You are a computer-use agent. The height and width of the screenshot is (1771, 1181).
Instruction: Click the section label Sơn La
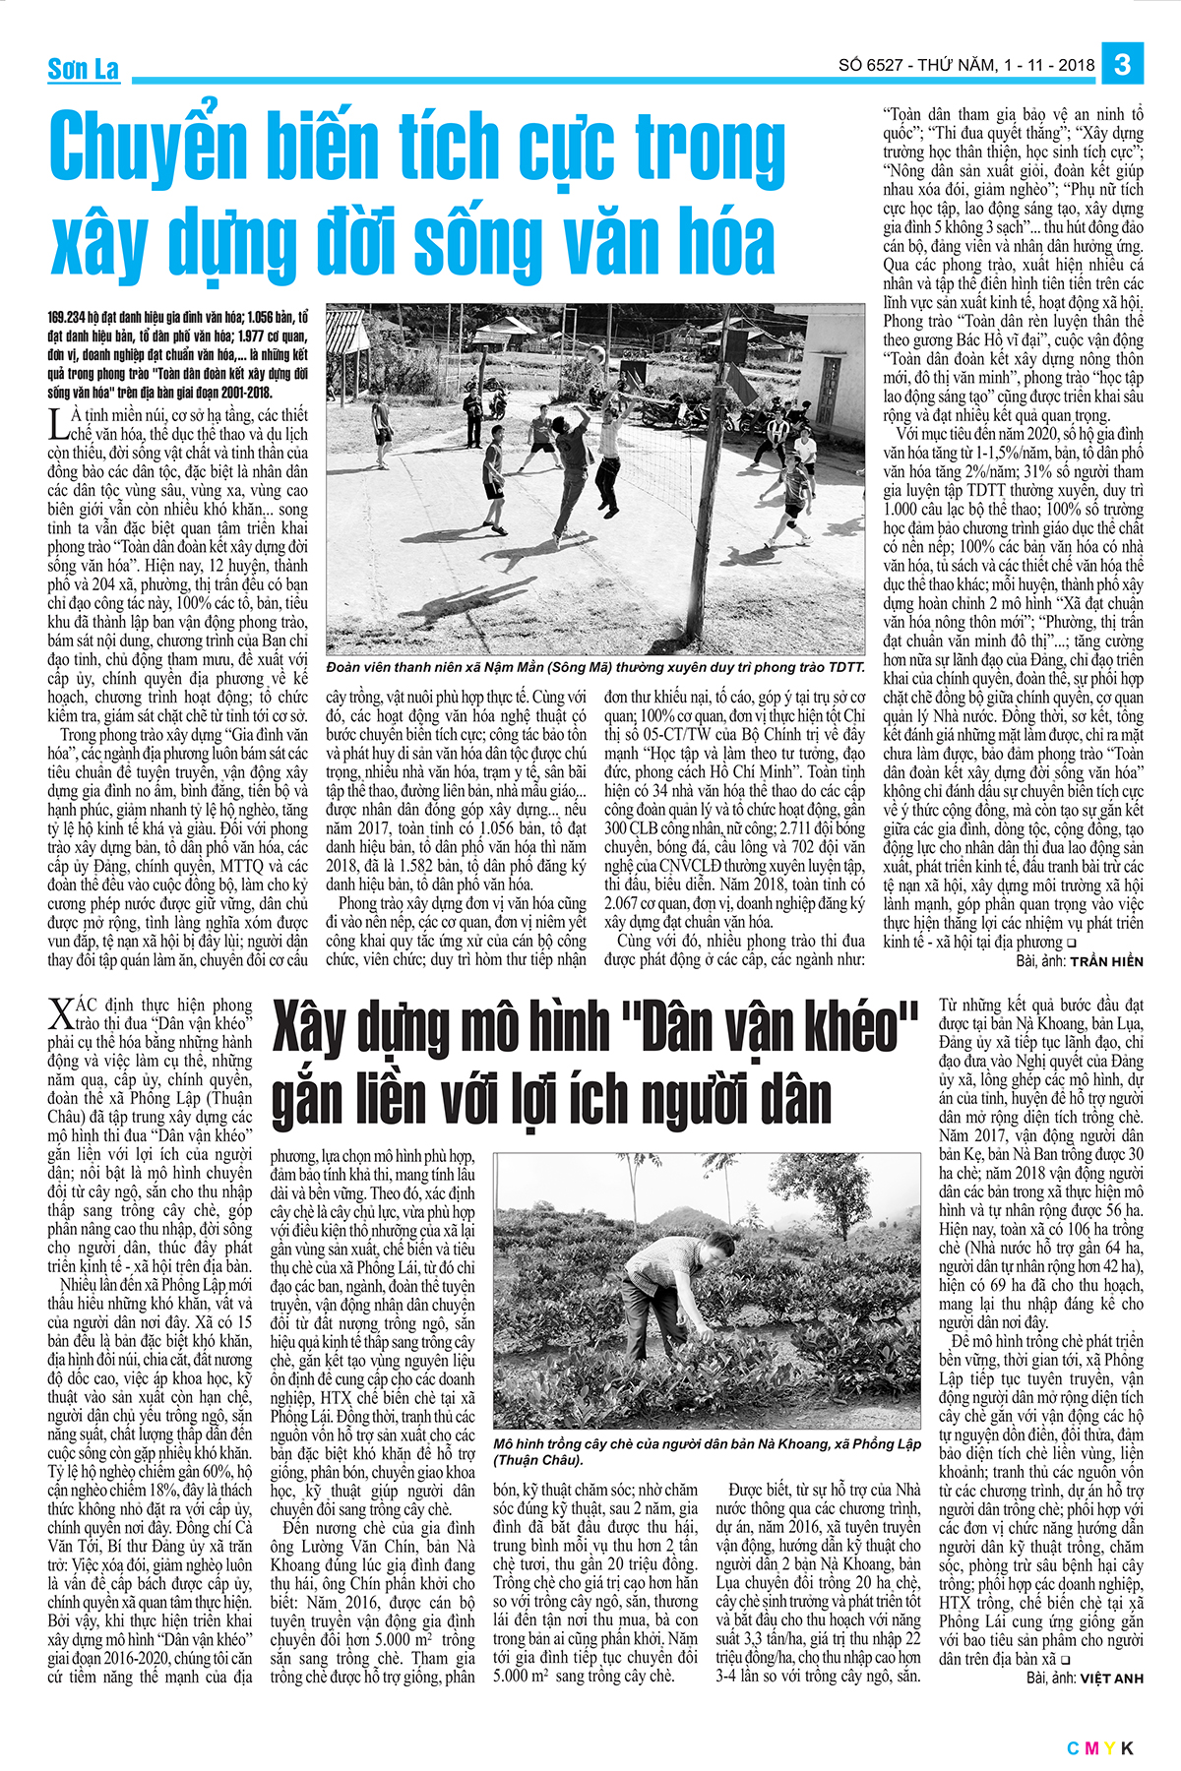point(84,69)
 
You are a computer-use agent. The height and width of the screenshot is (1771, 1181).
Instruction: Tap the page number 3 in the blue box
point(1122,65)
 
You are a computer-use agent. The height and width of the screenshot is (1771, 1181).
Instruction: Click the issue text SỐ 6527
point(870,66)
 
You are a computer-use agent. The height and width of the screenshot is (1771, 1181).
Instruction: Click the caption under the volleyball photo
point(594,667)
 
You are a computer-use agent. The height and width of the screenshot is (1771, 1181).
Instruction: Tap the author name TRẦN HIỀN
point(1106,961)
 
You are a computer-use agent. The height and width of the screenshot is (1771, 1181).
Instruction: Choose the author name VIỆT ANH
point(1111,1679)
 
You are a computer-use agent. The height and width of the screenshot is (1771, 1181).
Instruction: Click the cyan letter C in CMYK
point(1073,1748)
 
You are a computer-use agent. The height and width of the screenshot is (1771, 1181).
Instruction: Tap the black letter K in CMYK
point(1127,1748)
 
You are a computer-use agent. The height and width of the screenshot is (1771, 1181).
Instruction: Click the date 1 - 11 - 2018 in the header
point(1049,66)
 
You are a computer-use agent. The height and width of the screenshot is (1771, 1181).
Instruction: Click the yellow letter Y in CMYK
point(1109,1748)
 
